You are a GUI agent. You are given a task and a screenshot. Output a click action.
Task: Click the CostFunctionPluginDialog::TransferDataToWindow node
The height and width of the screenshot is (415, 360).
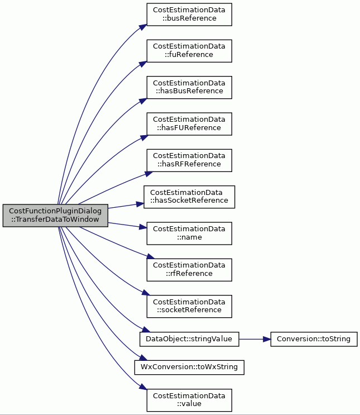pos(55,216)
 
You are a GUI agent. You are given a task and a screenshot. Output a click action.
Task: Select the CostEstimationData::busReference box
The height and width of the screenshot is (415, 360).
pos(189,15)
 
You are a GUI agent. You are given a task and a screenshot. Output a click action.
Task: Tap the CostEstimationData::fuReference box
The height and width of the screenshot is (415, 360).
pos(189,51)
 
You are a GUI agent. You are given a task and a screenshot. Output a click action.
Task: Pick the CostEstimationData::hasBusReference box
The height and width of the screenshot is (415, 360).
pos(189,88)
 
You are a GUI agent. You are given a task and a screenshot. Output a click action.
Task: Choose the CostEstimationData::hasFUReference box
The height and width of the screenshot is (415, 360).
pos(189,124)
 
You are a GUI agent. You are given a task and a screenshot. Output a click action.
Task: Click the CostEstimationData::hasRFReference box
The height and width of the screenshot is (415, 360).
pos(189,160)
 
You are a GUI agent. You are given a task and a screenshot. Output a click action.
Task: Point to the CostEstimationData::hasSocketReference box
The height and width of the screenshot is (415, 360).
pos(189,197)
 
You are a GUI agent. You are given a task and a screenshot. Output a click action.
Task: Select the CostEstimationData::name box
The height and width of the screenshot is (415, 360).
pos(189,233)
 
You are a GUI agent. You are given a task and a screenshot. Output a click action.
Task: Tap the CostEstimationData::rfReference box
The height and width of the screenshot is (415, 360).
pos(189,270)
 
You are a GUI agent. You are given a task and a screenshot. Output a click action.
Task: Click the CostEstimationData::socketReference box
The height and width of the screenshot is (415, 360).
pos(189,307)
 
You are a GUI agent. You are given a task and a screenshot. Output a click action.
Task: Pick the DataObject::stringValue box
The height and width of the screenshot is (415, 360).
pos(189,339)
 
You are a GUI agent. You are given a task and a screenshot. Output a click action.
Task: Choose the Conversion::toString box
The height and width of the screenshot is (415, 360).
pos(314,339)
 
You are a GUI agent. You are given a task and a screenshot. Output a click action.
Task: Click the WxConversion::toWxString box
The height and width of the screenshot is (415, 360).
pos(189,368)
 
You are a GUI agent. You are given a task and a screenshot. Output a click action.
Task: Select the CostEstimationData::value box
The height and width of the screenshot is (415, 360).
pos(189,400)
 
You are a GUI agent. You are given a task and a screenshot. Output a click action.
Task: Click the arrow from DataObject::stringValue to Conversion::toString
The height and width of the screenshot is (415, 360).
pos(255,339)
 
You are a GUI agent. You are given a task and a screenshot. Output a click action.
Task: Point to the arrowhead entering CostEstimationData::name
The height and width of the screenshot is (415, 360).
pos(143,227)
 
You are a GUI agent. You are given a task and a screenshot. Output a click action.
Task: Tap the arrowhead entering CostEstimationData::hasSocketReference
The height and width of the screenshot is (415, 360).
pos(140,204)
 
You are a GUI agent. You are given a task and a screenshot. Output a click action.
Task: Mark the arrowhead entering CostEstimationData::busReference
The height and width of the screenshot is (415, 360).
pos(143,27)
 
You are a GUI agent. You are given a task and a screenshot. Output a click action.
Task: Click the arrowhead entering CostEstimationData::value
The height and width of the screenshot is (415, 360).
pos(143,387)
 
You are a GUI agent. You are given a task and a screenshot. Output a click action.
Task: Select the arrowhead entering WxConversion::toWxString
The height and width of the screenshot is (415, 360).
pos(143,358)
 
